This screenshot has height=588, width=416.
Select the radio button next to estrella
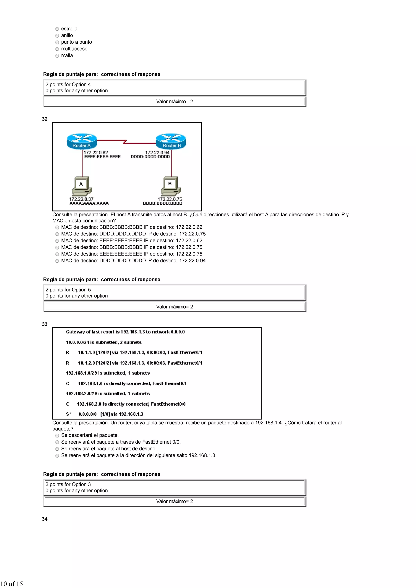click(57, 29)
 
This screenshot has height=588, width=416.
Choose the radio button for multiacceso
click(57, 49)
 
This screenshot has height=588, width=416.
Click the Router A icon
click(82, 141)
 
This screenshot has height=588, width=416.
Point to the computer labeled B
click(171, 186)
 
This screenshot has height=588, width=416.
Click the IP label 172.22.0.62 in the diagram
click(96, 152)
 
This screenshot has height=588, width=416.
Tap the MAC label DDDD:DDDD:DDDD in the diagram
click(150, 157)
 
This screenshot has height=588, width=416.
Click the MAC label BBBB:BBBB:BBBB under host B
click(162, 203)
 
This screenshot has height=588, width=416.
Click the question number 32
click(45, 119)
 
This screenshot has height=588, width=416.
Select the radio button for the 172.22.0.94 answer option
click(57, 261)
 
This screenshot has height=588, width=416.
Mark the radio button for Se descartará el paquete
click(57, 436)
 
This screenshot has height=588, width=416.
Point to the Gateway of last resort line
click(125, 332)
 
